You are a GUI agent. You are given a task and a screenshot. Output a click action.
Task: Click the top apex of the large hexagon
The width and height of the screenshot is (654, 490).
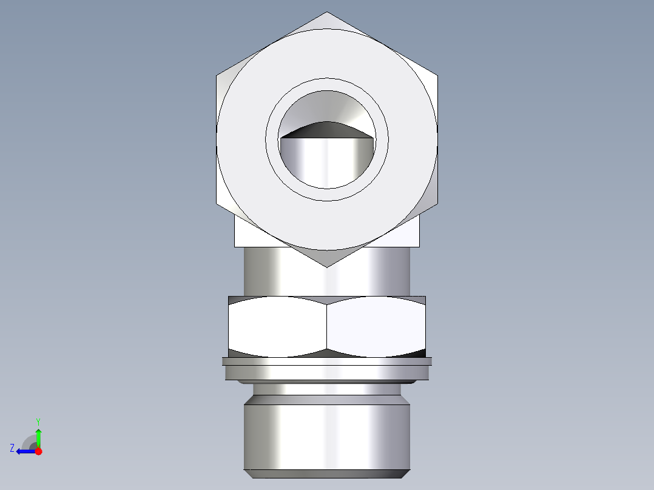(327, 13)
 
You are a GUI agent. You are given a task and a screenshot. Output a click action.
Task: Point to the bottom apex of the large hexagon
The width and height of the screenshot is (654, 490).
(327, 266)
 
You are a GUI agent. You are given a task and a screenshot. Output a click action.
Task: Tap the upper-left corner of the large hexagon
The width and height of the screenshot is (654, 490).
(217, 76)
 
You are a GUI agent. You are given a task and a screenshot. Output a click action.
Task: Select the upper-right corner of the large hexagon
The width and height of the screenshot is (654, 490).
(437, 76)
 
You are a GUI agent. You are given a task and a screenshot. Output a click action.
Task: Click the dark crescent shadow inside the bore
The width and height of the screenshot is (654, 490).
(326, 129)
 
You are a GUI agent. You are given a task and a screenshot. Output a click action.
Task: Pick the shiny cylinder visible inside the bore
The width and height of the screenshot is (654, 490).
(326, 161)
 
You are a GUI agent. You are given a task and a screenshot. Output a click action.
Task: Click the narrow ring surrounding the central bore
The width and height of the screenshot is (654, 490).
(327, 84)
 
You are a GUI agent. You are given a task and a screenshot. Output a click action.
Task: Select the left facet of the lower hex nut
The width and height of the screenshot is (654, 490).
(278, 326)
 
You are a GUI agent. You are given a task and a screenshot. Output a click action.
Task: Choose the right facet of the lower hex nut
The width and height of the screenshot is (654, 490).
(376, 326)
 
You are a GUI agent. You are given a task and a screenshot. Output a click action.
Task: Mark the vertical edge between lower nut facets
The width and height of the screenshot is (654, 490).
(327, 326)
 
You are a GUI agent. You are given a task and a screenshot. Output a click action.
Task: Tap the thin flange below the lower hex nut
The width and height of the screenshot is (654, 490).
(327, 361)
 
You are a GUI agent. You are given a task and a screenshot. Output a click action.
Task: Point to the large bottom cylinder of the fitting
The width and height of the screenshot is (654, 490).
(327, 437)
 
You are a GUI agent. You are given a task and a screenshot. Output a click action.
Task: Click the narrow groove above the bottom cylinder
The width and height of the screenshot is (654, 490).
(327, 389)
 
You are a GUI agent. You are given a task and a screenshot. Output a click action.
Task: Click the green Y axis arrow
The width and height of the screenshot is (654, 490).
(38, 435)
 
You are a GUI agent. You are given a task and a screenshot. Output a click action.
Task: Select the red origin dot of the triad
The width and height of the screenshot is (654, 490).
(38, 451)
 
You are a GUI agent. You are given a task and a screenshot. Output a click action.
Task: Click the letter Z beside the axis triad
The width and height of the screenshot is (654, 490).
(12, 448)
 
